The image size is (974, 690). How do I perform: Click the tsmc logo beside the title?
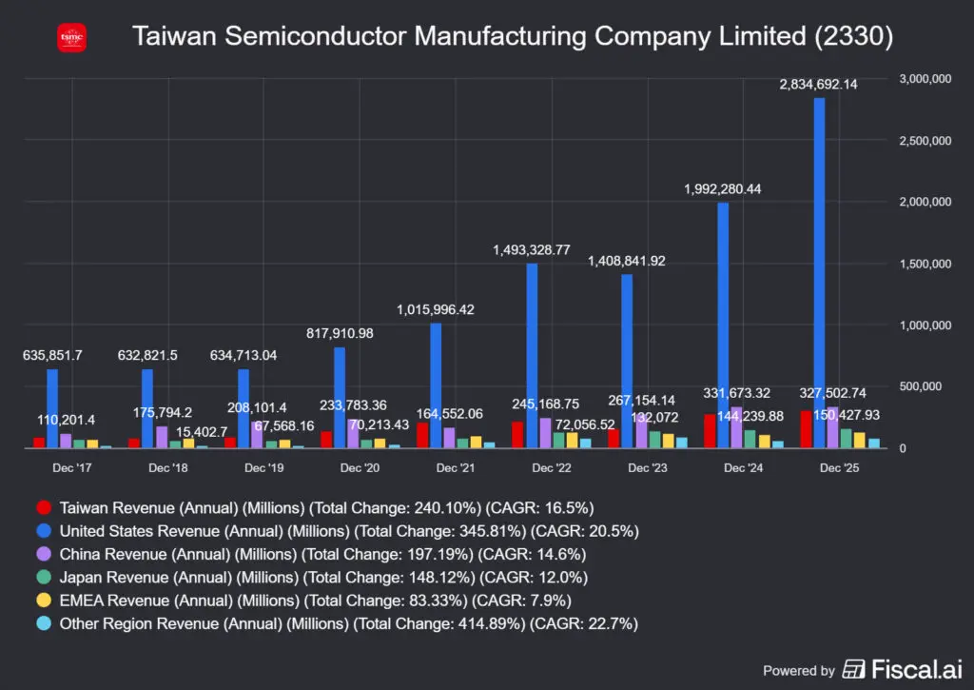[x=71, y=38]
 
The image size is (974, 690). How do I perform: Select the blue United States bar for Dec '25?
[x=819, y=273]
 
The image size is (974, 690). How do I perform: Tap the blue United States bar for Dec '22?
[x=532, y=356]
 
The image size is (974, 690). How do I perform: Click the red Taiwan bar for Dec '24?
[x=710, y=431]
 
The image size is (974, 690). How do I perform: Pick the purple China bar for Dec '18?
[x=162, y=437]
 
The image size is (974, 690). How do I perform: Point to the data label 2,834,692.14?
[x=818, y=85]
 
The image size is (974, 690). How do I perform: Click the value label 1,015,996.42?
[x=436, y=309]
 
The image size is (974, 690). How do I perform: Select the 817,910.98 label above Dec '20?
[x=340, y=333]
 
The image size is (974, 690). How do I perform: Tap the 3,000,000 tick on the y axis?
[x=925, y=79]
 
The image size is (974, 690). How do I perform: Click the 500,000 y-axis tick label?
[x=920, y=386]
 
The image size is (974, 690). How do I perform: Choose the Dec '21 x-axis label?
[x=456, y=468]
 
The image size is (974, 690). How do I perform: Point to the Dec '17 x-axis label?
[x=72, y=468]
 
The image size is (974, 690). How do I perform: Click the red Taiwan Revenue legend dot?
[x=44, y=508]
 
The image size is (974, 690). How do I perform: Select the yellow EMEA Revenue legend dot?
[x=44, y=601]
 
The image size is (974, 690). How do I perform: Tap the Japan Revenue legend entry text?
[x=323, y=578]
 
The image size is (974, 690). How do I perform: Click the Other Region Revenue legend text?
[x=348, y=623]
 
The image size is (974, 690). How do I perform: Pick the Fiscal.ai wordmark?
[x=902, y=669]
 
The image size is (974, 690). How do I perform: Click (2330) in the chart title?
[x=854, y=36]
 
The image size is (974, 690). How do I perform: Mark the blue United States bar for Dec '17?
[x=52, y=409]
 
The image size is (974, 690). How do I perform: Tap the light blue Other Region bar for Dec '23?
[x=681, y=443]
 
